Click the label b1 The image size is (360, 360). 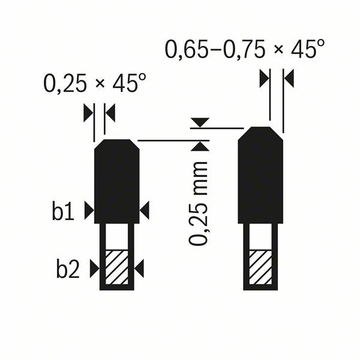pyautogui.click(x=62, y=212)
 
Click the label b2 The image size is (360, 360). pyautogui.click(x=68, y=269)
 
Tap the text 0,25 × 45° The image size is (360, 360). pyautogui.click(x=95, y=84)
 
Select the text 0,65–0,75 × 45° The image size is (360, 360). pyautogui.click(x=245, y=49)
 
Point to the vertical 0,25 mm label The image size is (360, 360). pyautogui.click(x=199, y=203)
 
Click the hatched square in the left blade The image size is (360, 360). pyautogui.click(x=117, y=268)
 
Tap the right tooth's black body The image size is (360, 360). pyautogui.click(x=260, y=177)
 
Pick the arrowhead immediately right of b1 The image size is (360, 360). pyautogui.click(x=89, y=210)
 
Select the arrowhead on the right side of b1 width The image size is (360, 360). pyautogui.click(x=145, y=210)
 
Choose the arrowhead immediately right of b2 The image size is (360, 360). pyautogui.click(x=94, y=269)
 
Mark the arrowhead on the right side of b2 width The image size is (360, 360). pyautogui.click(x=139, y=269)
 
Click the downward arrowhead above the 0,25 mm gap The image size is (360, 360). pyautogui.click(x=199, y=122)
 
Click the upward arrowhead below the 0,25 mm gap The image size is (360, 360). pyautogui.click(x=199, y=146)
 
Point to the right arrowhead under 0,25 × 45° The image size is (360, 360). pyautogui.click(x=110, y=111)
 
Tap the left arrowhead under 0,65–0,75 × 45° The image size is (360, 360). pyautogui.click(x=265, y=78)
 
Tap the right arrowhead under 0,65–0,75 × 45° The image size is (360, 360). pyautogui.click(x=287, y=78)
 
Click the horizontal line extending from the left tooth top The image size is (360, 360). pyautogui.click(x=168, y=140)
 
